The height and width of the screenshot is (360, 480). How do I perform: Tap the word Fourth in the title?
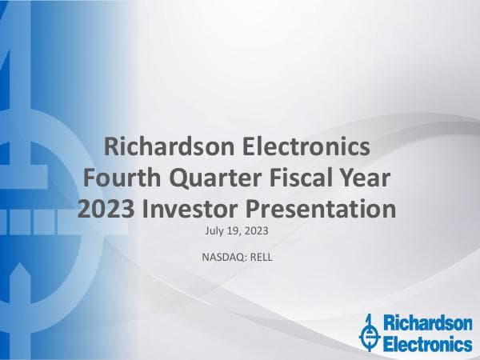(x=121, y=178)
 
